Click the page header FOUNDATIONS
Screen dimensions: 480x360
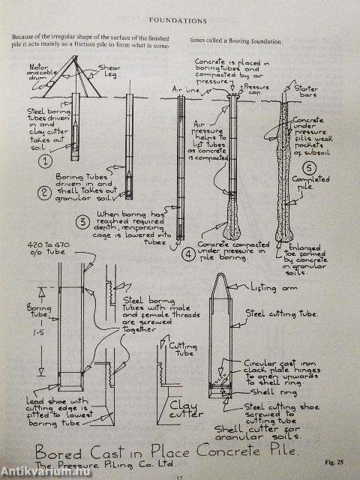tap(179, 22)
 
